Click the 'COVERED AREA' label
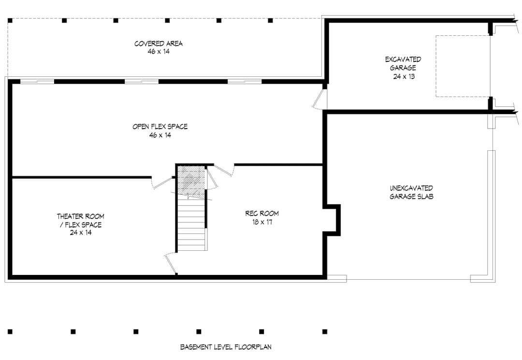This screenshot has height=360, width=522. point(159,43)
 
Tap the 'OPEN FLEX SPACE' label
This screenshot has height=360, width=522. point(160,127)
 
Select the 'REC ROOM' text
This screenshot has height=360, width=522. point(262,213)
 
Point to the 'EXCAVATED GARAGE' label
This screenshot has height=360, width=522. point(403,64)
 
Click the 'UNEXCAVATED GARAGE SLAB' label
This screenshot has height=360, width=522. point(411,192)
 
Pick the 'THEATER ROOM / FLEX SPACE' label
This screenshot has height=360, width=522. point(81,221)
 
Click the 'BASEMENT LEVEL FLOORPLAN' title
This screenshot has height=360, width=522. point(226,347)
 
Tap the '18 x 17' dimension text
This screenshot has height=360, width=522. point(262,222)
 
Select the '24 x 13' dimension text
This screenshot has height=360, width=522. point(404,76)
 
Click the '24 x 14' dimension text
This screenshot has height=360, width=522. point(81,232)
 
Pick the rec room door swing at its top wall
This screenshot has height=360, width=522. point(223,170)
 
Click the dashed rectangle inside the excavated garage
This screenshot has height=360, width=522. point(463,66)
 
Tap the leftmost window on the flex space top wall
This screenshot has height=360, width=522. point(37,82)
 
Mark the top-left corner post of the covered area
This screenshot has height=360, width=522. point(10,20)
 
